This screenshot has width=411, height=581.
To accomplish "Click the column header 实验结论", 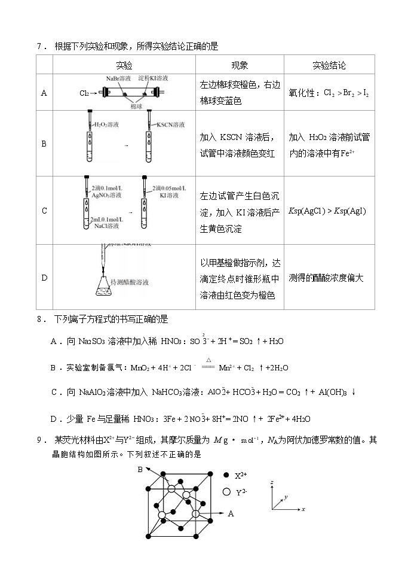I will pyautogui.click(x=329, y=65).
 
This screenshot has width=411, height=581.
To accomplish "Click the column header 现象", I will pyautogui.click(x=240, y=65).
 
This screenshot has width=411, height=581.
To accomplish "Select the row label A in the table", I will pyautogui.click(x=44, y=93).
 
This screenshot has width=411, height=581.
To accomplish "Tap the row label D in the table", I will pyautogui.click(x=44, y=278).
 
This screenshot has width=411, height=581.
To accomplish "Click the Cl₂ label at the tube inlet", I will pyautogui.click(x=84, y=93).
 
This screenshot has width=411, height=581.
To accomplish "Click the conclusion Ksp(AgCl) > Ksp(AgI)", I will pyautogui.click(x=327, y=211).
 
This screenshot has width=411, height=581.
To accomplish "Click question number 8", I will pyautogui.click(x=41, y=319).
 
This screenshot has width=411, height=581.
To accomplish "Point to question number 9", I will pyautogui.click(x=41, y=440).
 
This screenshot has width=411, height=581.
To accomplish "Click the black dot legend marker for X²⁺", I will pyautogui.click(x=226, y=475).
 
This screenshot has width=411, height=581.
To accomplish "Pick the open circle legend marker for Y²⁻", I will pyautogui.click(x=226, y=492).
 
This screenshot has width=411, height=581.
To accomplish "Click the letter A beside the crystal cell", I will pyautogui.click(x=231, y=513).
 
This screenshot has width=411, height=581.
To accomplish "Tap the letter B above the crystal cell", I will pyautogui.click(x=140, y=470).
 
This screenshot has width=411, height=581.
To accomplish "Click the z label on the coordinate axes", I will pyautogui.click(x=272, y=482).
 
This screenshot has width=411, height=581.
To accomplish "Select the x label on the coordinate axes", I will pyautogui.click(x=303, y=509).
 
